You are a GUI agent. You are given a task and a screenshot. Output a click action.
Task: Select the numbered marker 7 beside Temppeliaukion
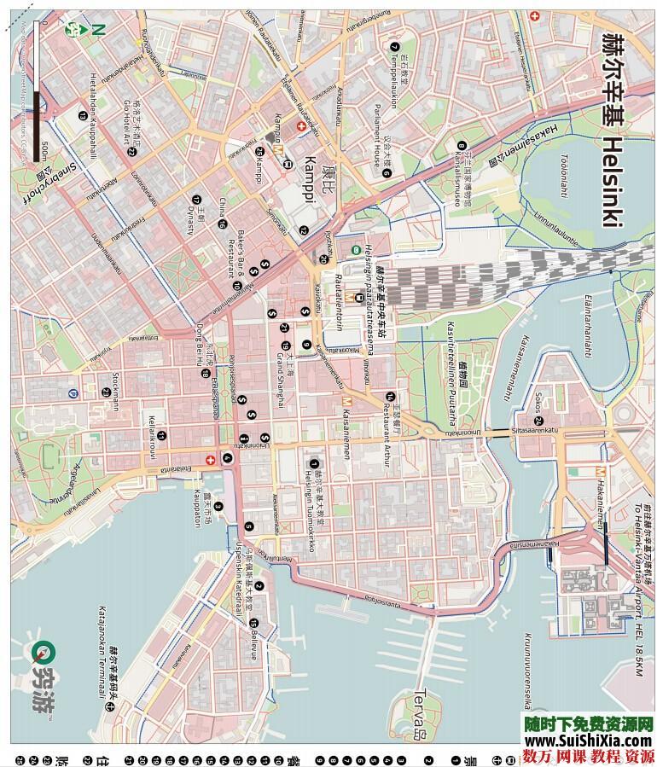[394, 47]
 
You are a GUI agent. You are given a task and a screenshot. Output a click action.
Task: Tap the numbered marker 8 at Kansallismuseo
[462, 145]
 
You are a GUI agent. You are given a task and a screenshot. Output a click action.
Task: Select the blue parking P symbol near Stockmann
[73, 393]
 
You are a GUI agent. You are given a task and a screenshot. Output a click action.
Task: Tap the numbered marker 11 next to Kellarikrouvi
[162, 435]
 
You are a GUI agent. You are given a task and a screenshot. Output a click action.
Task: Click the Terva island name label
[419, 704]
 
